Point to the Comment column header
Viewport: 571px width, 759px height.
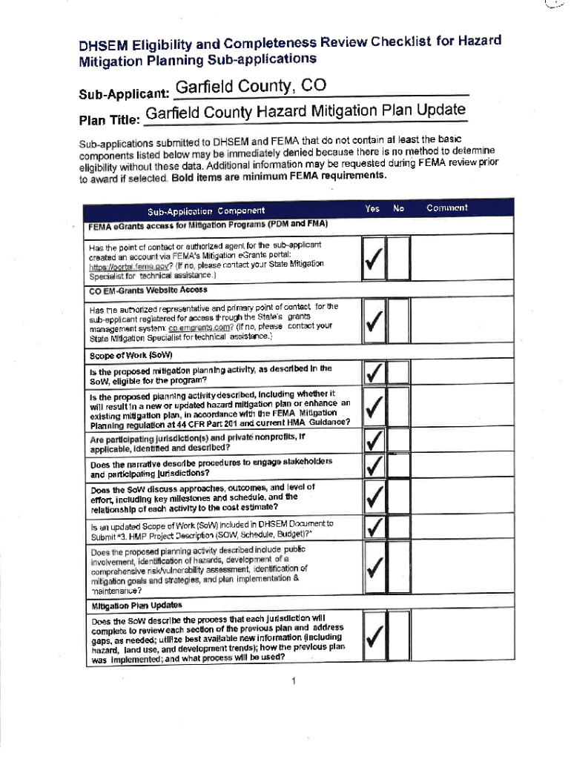[x=446, y=208]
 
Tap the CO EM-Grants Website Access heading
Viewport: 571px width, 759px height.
[x=148, y=290]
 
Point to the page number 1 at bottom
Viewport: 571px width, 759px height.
[x=294, y=681]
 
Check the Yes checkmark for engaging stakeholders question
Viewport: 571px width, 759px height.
[x=375, y=466]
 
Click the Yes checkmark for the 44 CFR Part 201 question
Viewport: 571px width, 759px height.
[x=375, y=406]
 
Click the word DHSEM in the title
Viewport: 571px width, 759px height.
[x=103, y=45]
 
